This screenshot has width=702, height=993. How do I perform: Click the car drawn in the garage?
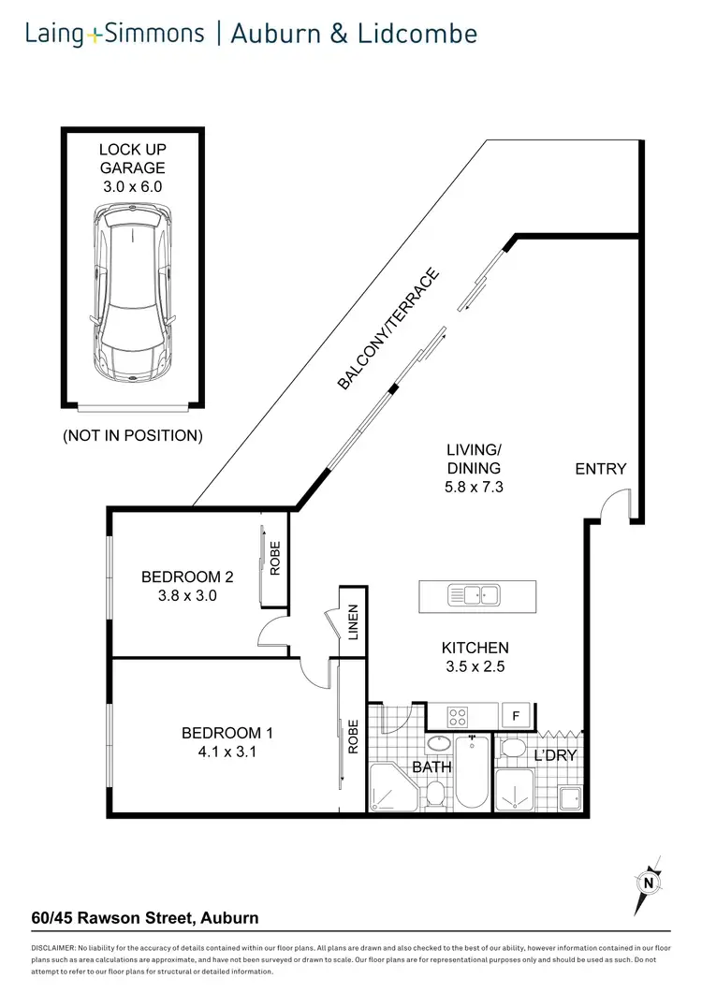pyautogui.click(x=134, y=293)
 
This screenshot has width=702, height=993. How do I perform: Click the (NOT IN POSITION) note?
pyautogui.click(x=132, y=435)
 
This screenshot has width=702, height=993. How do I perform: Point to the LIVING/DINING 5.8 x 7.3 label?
pyautogui.click(x=474, y=468)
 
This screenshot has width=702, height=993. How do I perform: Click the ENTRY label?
pyautogui.click(x=600, y=468)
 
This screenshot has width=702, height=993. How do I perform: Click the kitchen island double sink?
pyautogui.click(x=475, y=593)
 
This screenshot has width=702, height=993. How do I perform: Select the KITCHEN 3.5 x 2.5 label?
pyautogui.click(x=475, y=656)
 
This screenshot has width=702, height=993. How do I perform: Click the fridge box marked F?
pyautogui.click(x=515, y=716)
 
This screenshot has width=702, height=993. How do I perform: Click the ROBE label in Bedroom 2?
pyautogui.click(x=275, y=559)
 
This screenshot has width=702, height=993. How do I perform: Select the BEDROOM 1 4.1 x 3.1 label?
pyautogui.click(x=227, y=742)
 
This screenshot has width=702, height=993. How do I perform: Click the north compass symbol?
pyautogui.click(x=647, y=882)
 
